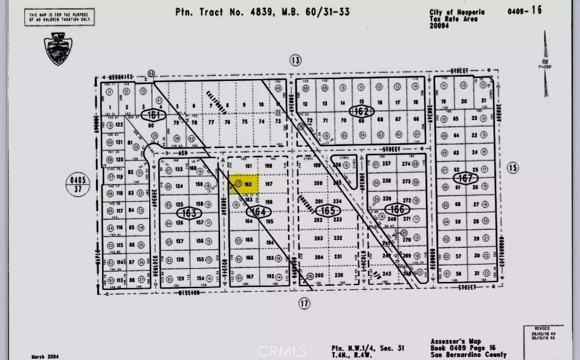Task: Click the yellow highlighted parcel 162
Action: pyautogui.click(x=243, y=184)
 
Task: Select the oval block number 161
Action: pyautogui.click(x=153, y=114)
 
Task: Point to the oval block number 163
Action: pyautogui.click(x=187, y=213)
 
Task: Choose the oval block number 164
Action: pyautogui.click(x=259, y=211)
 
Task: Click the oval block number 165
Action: pyautogui.click(x=328, y=210)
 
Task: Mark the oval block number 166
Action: pyautogui.click(x=394, y=209)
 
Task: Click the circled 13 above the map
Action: pyautogui.click(x=295, y=60)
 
